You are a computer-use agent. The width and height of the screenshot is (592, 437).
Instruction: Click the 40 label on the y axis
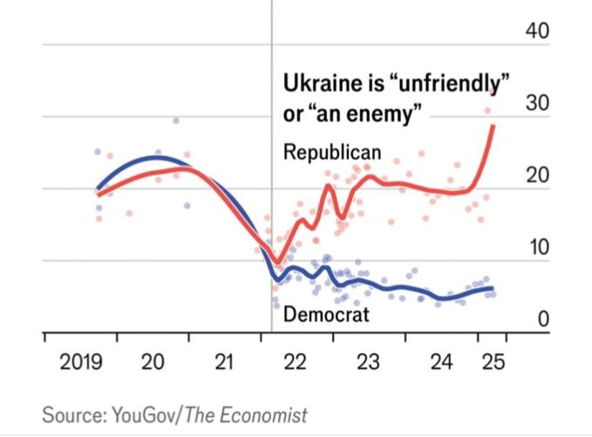(x=537, y=31)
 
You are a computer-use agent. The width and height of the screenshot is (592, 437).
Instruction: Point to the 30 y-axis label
(x=538, y=102)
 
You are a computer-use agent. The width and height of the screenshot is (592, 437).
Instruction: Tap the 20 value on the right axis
(x=538, y=174)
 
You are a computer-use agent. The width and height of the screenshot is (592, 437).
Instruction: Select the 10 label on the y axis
(x=539, y=247)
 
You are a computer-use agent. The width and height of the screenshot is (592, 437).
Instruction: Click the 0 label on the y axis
(x=543, y=319)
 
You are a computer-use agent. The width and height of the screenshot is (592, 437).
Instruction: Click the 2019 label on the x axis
(x=81, y=361)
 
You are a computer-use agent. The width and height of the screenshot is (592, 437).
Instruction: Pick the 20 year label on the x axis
(x=153, y=361)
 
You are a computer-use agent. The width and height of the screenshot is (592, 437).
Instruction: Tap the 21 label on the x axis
(x=224, y=361)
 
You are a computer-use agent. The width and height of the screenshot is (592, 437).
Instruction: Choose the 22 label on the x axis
(x=295, y=361)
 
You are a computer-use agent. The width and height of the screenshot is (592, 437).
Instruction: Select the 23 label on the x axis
(x=368, y=361)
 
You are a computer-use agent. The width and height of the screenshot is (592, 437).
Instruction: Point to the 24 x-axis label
(x=441, y=361)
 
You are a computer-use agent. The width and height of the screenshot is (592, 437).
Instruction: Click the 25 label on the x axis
(x=493, y=361)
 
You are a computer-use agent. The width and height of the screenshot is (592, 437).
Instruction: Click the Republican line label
(x=332, y=153)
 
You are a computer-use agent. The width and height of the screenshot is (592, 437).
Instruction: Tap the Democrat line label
(x=326, y=314)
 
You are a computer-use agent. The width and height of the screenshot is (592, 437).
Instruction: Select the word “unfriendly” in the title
(x=448, y=84)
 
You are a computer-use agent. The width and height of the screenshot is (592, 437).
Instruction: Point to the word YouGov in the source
(x=144, y=414)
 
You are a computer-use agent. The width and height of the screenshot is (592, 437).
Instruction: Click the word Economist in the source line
(x=263, y=414)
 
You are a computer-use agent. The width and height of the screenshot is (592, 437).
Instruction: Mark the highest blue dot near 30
(x=176, y=120)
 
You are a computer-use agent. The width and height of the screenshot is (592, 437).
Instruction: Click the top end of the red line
(x=493, y=126)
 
